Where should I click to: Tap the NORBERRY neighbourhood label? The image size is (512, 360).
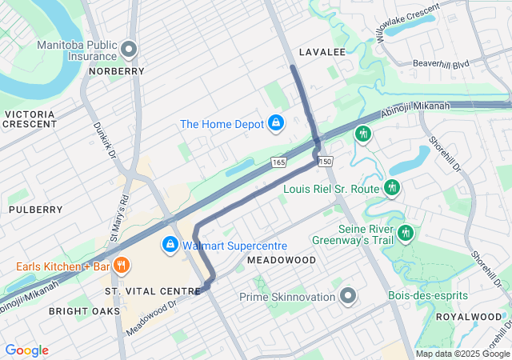point(118,71)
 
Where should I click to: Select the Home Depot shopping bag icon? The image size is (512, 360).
point(275,123)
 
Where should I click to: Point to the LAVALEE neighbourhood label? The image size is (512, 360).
point(322,52)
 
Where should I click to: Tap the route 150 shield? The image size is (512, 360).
point(325,162)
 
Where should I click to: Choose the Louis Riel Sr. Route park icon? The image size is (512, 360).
point(391,188)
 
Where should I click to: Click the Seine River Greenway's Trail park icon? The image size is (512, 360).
point(406,233)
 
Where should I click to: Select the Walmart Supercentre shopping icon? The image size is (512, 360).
point(170,244)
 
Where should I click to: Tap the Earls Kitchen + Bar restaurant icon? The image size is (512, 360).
point(121,265)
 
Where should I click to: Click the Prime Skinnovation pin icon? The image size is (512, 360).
point(347,297)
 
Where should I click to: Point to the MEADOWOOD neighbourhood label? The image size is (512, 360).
point(282,261)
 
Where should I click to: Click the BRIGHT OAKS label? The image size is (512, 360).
point(84,310)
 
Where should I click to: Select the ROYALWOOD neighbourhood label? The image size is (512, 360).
point(468,317)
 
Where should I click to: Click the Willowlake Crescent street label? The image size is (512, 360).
point(406,25)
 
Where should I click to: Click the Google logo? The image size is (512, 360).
point(26,350)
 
